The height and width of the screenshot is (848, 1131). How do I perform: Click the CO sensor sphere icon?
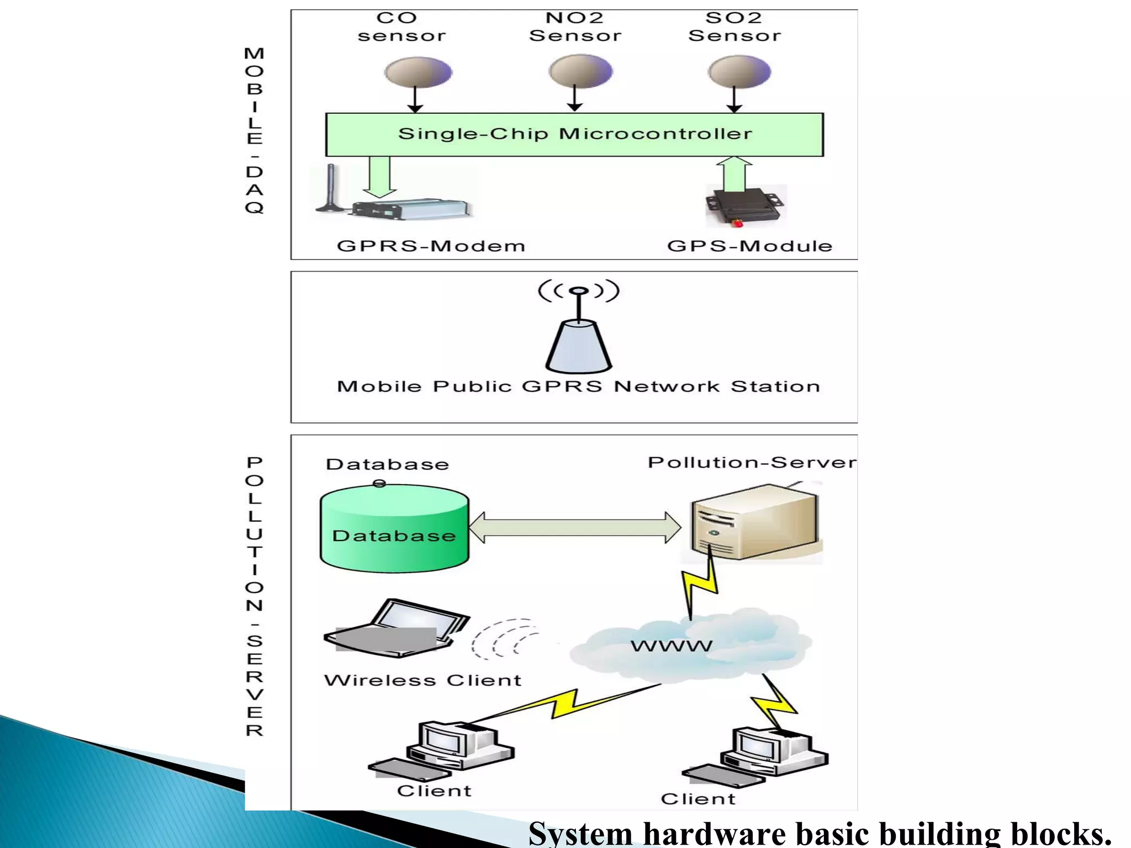tap(418, 72)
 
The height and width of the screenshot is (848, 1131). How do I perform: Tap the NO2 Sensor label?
tap(575, 26)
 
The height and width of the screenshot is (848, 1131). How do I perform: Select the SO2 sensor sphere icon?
tap(739, 72)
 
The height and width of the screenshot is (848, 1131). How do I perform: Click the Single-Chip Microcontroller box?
tap(574, 134)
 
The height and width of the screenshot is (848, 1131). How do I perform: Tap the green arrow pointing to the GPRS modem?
tap(379, 177)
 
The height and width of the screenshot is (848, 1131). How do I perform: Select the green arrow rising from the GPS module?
tap(734, 174)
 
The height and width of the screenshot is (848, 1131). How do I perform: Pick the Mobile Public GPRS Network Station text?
tap(578, 386)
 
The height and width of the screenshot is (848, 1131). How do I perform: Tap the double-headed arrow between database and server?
tap(574, 528)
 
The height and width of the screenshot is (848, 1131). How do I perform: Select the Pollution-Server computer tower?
tap(754, 522)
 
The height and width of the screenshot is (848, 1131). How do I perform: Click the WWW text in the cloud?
tap(671, 645)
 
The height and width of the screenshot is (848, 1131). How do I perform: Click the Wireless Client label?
tap(422, 680)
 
